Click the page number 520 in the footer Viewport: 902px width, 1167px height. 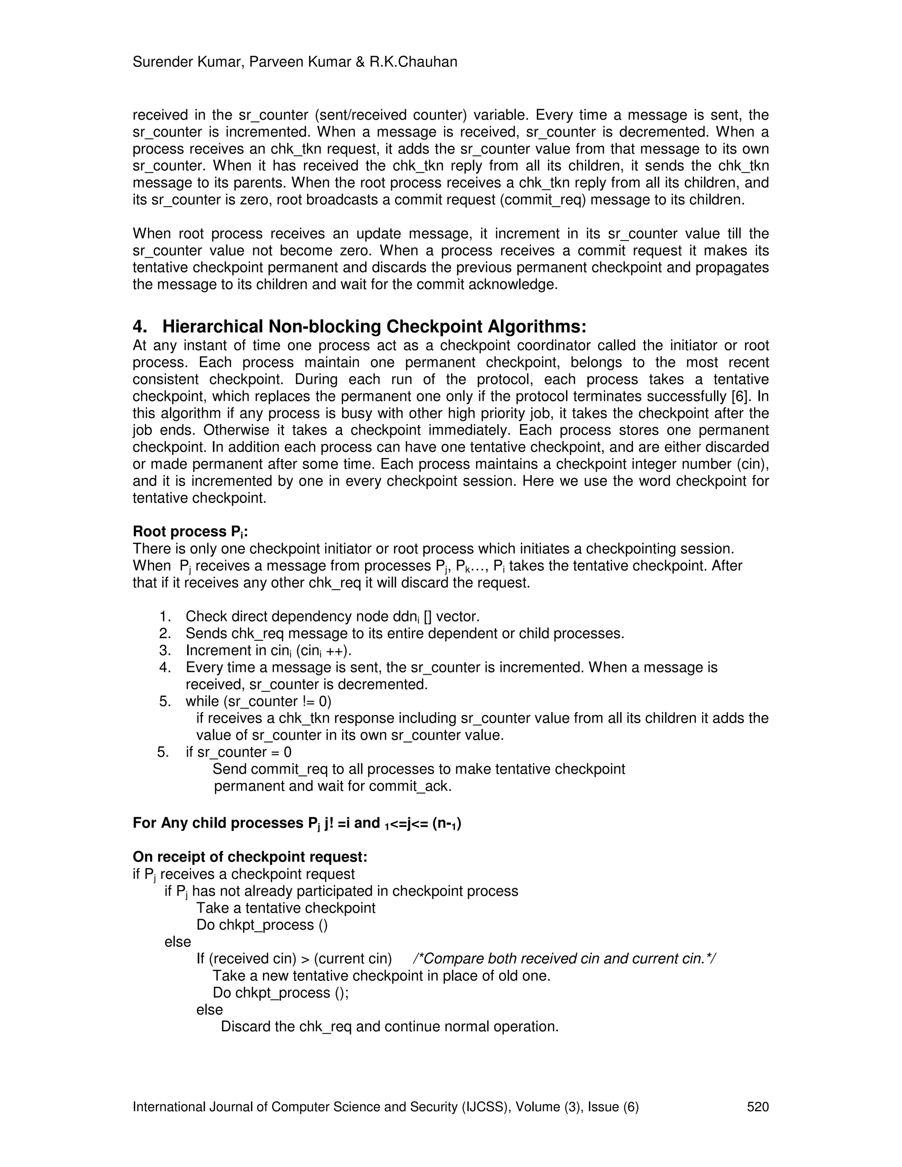[758, 1107]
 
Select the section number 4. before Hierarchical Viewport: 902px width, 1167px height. [140, 326]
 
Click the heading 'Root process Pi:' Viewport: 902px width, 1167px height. [190, 532]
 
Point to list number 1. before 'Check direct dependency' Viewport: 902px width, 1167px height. [165, 617]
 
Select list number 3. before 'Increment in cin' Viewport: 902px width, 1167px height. [165, 650]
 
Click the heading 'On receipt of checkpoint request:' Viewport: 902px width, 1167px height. [250, 857]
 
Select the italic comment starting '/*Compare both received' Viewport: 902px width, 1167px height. [564, 959]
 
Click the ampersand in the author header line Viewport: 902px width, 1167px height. [360, 62]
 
